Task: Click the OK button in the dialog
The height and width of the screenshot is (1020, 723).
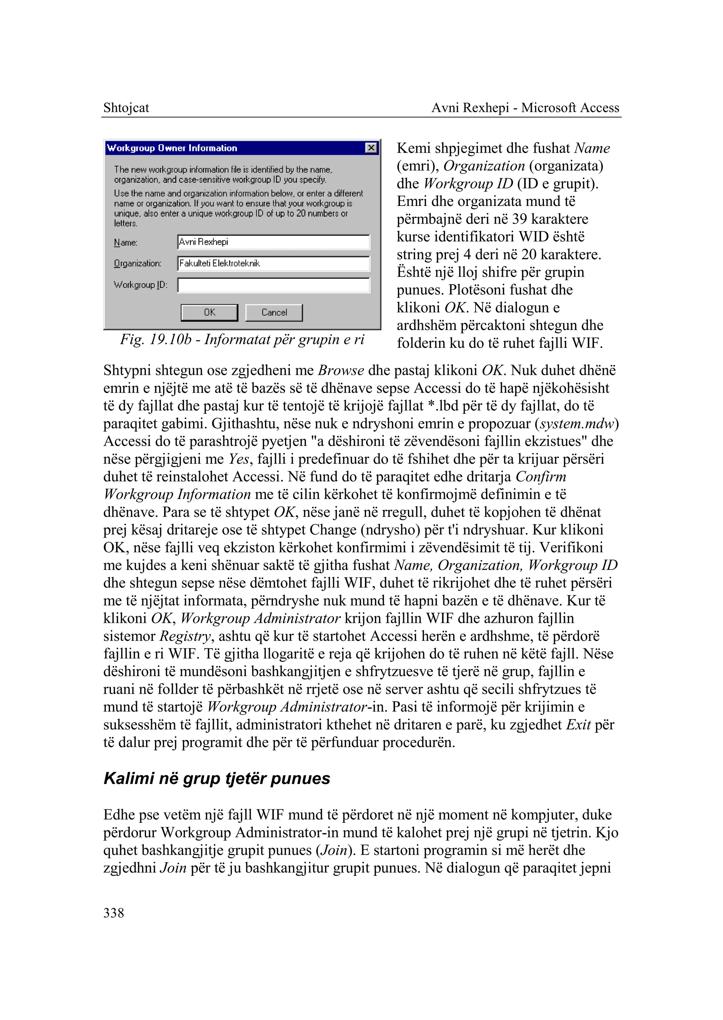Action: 209,312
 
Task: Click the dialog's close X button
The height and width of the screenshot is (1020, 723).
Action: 371,148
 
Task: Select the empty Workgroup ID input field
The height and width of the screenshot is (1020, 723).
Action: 273,285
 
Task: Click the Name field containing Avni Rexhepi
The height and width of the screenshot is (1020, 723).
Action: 273,242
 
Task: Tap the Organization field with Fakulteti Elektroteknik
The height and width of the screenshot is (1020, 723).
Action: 273,263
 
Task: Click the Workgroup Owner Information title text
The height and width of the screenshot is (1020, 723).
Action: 172,148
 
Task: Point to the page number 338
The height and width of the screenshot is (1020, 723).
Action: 114,913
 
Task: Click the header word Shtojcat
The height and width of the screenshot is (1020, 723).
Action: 126,108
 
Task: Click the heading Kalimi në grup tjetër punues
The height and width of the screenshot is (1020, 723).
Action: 217,778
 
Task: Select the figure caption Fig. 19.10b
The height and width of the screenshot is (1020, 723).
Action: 242,339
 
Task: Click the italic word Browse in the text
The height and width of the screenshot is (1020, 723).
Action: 341,370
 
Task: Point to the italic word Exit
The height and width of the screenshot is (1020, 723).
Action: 578,725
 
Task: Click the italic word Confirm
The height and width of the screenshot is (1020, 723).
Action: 540,476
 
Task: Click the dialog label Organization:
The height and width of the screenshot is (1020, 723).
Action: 138,263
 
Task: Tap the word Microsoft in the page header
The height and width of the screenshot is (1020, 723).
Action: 549,108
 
